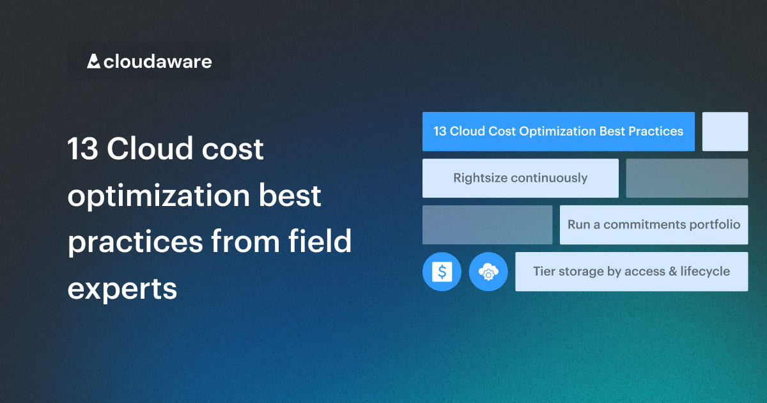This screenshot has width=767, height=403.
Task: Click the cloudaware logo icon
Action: tap(94, 61)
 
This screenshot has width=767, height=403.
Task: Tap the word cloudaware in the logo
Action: tap(157, 62)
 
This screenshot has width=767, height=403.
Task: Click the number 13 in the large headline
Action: tap(82, 150)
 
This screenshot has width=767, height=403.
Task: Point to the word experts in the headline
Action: tap(122, 289)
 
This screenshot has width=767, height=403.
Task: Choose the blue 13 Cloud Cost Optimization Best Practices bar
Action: tap(558, 132)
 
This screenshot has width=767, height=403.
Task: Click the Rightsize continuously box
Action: tap(520, 178)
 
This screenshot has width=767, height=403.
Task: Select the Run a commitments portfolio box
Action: tap(653, 225)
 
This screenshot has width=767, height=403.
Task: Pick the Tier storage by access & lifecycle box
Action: tap(631, 271)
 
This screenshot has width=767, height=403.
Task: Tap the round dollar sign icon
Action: tap(442, 272)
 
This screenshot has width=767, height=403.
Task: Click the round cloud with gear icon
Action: tap(488, 272)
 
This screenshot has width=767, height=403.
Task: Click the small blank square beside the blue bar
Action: tap(725, 132)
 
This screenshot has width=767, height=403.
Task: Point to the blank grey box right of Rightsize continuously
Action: tap(686, 178)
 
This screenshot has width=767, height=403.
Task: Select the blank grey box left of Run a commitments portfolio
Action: tap(487, 225)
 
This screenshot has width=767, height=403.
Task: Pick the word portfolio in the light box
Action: tap(716, 225)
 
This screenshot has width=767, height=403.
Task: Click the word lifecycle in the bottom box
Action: tap(706, 271)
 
